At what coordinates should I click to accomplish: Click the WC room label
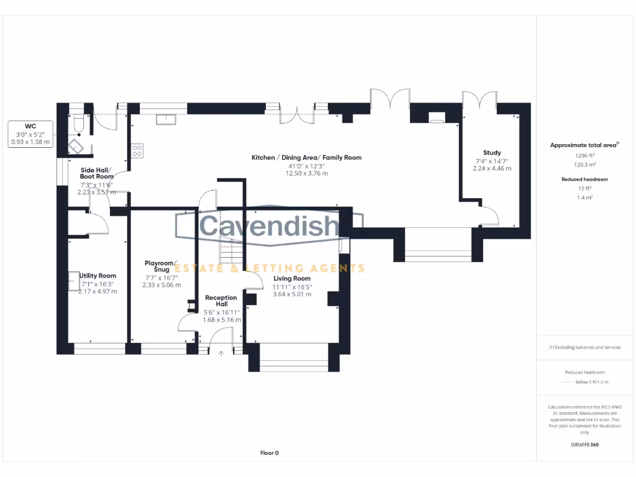coord(30,125)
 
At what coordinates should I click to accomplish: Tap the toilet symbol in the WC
coord(78,122)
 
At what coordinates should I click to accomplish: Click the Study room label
coord(492,153)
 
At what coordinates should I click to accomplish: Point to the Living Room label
coord(292,279)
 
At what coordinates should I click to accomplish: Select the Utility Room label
coord(98,276)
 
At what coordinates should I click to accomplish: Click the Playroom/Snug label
coord(161,266)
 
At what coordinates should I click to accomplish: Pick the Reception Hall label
coord(221,301)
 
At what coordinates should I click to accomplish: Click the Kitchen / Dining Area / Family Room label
coord(306,158)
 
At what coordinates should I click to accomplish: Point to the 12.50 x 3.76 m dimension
coord(306,173)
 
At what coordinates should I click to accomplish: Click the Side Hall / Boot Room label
coord(96,173)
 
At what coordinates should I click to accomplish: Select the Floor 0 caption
coord(269,453)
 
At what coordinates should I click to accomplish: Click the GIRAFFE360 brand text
coord(584,445)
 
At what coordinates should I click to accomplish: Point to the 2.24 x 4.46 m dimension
coord(492,168)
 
